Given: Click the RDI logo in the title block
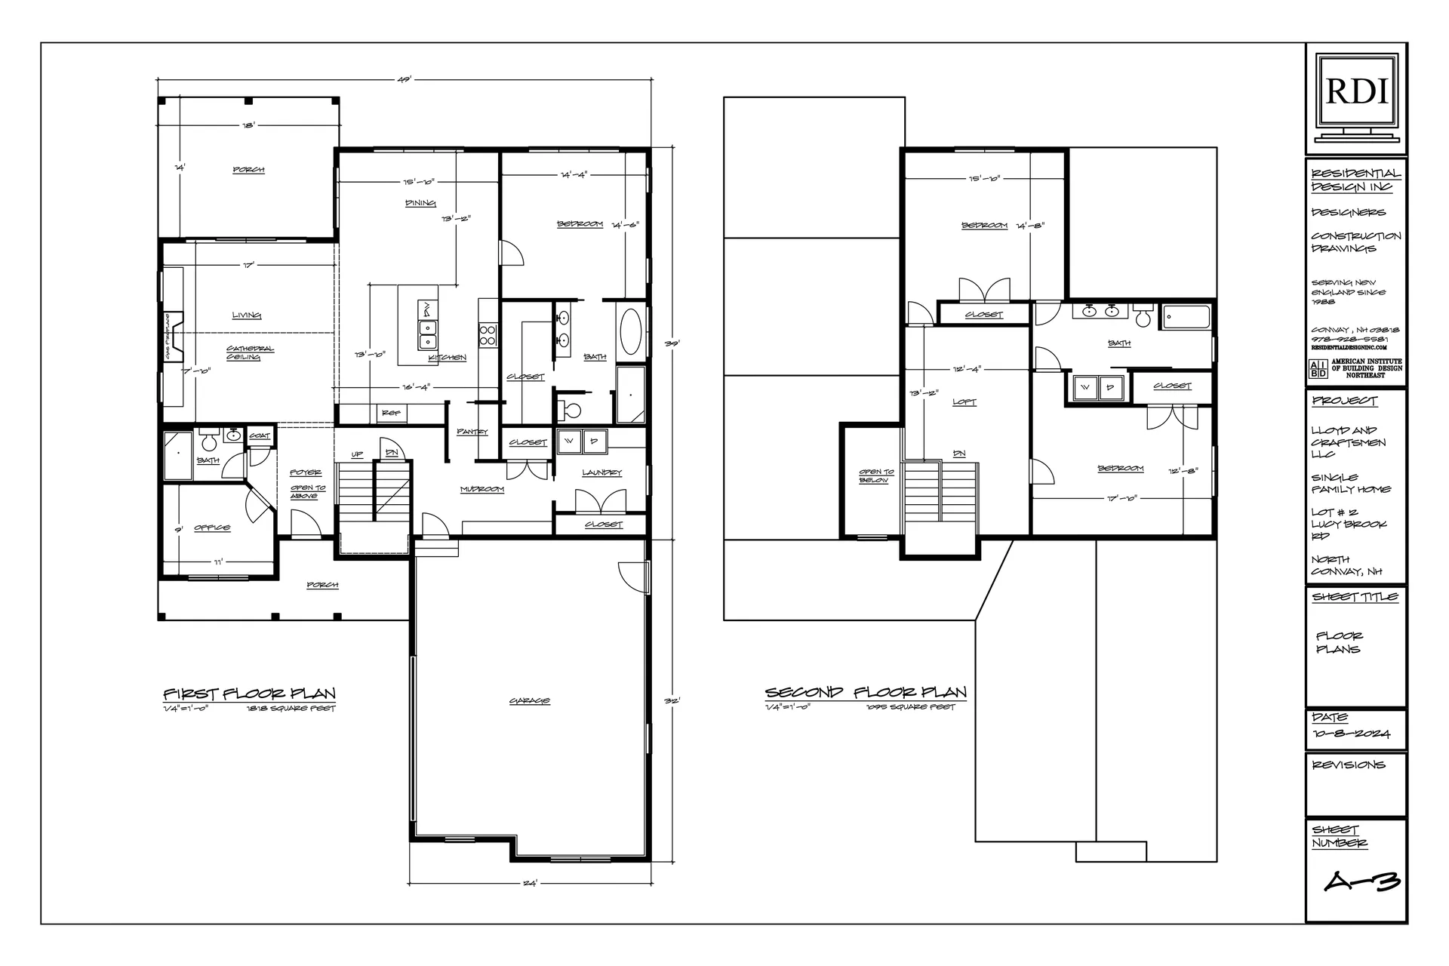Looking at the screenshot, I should (1356, 91).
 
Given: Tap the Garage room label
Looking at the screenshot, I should (529, 701).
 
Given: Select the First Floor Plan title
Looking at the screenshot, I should (249, 694).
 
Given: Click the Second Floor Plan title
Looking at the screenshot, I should (866, 692).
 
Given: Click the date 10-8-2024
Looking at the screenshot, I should (1351, 734).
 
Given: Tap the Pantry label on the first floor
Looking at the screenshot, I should (472, 432).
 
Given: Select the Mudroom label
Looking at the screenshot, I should (482, 490).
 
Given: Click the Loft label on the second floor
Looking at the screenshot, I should (964, 402).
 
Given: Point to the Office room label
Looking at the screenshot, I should (212, 528).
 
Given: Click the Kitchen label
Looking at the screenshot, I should (448, 358).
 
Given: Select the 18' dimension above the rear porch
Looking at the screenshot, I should (248, 125).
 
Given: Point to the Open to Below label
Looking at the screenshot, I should (875, 476).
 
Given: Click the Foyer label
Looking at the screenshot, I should (306, 473).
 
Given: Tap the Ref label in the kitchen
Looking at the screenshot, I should (392, 414).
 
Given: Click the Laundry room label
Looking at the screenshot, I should (601, 473).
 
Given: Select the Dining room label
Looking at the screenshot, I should (420, 203).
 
